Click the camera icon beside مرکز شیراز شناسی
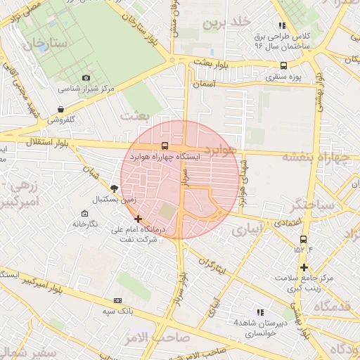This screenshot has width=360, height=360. point(86,77)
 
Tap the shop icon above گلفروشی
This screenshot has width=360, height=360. point(61,110)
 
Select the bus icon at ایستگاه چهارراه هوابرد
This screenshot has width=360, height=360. point(165,146)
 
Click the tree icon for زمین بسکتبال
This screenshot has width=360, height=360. point(114,188)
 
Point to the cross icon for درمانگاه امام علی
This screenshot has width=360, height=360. point(138,219)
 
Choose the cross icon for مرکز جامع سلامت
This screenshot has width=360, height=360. point(304,267)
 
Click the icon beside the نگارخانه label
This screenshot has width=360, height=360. point(84,213)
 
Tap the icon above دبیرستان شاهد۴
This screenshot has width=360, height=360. point(259,311)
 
